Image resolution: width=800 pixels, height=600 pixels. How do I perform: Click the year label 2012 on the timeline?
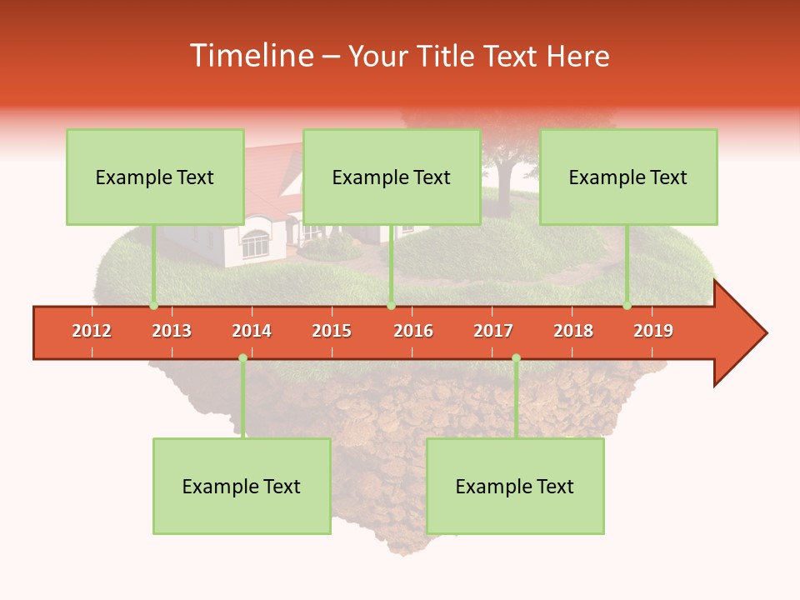[92, 331]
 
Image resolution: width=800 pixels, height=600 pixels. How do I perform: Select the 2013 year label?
[172, 331]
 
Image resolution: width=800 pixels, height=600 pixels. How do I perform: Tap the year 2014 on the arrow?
[252, 331]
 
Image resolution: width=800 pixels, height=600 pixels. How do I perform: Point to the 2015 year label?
[332, 331]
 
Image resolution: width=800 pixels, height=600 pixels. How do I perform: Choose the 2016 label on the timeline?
[413, 331]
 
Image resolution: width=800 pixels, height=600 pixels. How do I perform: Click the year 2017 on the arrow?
[493, 331]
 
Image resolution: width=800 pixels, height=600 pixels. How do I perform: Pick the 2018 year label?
[573, 331]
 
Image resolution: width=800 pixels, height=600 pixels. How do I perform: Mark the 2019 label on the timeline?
[653, 331]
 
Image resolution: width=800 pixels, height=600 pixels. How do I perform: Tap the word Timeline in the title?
[250, 56]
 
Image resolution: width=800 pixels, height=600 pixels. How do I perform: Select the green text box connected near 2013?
[155, 177]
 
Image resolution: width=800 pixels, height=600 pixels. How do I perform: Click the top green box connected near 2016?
[392, 177]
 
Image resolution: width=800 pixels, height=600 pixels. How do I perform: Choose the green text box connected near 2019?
[628, 177]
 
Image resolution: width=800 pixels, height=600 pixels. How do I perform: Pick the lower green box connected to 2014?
[242, 486]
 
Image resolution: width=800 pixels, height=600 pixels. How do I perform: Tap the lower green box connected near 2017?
[515, 486]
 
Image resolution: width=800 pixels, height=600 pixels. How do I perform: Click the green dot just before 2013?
[153, 306]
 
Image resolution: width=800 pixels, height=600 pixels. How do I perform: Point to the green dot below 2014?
[242, 358]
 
